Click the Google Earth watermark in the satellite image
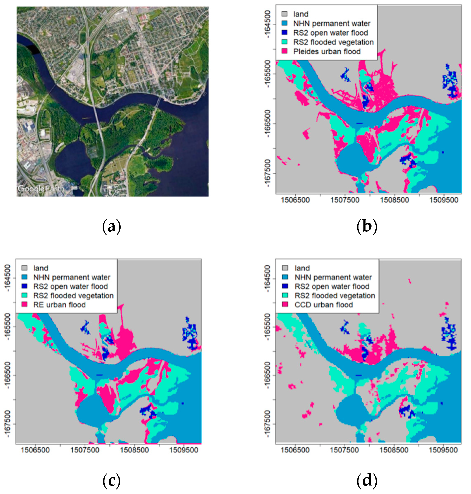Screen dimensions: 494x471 coord(41,188)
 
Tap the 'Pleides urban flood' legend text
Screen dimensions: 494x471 coord(327,52)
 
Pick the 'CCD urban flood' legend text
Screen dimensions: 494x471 coord(324,305)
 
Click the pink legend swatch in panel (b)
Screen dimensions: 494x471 coord(284,51)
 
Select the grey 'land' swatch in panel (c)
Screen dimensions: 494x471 coord(24,268)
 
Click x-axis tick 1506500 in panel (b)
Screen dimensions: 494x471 coord(295,200)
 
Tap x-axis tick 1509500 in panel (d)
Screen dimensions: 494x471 coord(443,450)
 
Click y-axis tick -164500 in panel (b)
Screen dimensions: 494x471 coord(268,24)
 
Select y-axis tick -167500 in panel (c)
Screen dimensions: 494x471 coord(7,424)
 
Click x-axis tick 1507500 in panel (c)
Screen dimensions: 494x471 coord(85,450)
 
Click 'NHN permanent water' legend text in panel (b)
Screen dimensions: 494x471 coord(332,23)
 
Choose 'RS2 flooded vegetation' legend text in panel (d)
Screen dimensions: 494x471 coord(335,295)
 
